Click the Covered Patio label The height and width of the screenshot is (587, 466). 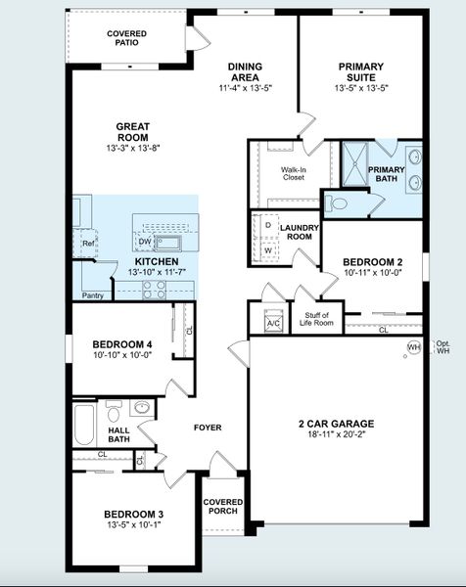pos(126,38)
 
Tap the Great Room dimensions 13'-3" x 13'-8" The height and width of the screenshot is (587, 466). pos(133,148)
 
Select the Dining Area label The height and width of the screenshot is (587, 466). pos(245,71)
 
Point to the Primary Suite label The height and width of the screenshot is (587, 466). pos(361,71)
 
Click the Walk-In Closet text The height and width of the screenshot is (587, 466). pos(294,174)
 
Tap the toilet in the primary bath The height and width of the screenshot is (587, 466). pos(337,204)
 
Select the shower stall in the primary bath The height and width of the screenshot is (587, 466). pos(355,164)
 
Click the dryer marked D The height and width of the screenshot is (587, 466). pos(268,226)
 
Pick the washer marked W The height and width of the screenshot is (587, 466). pos(268,250)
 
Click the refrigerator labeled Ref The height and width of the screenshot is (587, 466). pos(88,244)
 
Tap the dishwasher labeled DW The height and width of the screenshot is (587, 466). pos(145,242)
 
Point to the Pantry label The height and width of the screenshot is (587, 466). pos(93,295)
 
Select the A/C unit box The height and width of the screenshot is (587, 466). pos(273,321)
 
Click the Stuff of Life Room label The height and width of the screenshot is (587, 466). pos(316,319)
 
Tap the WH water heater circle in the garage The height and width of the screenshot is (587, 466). pos(414,347)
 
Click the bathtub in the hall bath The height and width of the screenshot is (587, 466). pos(83,425)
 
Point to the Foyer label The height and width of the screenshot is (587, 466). pos(208,428)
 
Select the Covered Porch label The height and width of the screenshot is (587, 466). pos(223,506)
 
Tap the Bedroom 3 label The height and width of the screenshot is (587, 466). pos(134,515)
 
